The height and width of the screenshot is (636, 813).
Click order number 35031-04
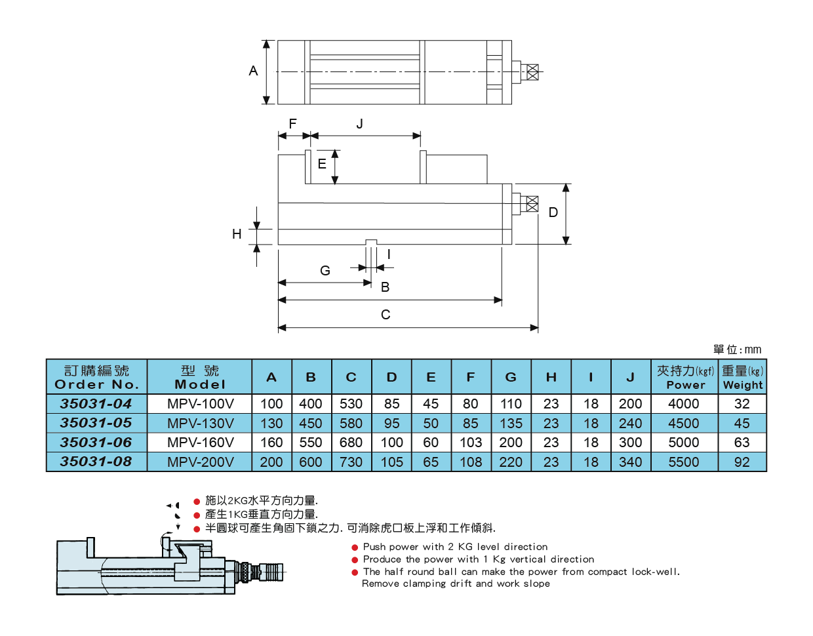[96, 404]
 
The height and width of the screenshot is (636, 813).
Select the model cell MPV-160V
[200, 443]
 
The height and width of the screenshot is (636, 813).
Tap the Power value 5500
[683, 462]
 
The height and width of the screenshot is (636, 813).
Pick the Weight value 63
[742, 443]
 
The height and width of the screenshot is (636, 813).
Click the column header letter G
[511, 378]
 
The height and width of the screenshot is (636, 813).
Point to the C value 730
[351, 462]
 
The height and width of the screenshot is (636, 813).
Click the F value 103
[470, 443]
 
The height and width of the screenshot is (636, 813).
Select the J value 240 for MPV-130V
[630, 424]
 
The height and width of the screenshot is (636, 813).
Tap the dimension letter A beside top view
[253, 71]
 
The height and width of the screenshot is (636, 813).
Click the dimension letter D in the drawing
[553, 212]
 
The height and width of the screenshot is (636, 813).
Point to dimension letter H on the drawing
[237, 234]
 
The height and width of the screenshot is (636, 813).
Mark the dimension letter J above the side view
[359, 124]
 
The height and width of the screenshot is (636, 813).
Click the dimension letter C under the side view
[386, 315]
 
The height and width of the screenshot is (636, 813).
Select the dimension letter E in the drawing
[322, 164]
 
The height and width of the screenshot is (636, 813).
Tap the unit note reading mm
[753, 349]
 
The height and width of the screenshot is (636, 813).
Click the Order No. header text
[97, 385]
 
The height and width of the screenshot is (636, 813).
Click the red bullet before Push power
[355, 547]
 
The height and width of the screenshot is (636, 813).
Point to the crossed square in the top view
[532, 71]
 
